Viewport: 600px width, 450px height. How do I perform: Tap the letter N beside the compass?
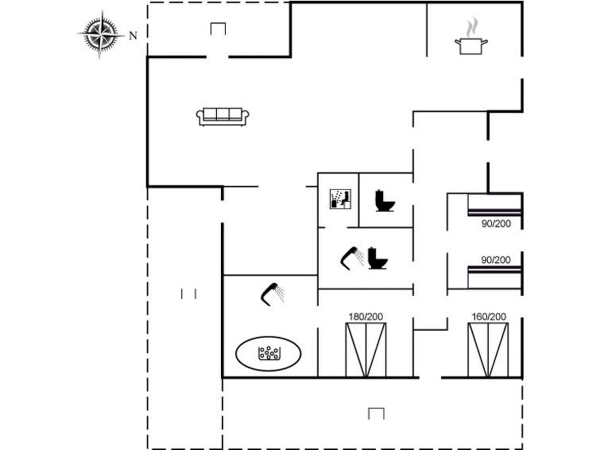coord(134,35)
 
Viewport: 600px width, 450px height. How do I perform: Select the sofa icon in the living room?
coord(223,116)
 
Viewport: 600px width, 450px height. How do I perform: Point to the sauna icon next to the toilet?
coord(339,199)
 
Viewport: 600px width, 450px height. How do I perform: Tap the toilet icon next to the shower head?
coord(377,257)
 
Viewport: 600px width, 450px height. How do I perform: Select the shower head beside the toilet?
coord(351,257)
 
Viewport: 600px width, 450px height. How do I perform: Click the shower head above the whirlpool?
coord(273,293)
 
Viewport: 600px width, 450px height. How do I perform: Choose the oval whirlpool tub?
coord(269,352)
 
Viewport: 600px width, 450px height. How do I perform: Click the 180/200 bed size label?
coord(366,316)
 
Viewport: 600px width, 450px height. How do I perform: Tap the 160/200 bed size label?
coord(488,316)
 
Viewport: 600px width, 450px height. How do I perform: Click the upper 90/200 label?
coord(496,224)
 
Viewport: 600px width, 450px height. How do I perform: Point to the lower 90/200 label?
coord(496,260)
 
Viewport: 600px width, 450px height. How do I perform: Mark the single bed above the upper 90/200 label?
coord(494,205)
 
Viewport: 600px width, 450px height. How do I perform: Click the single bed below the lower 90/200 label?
coord(494,277)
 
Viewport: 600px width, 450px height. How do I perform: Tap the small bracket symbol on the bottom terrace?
coord(377,413)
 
